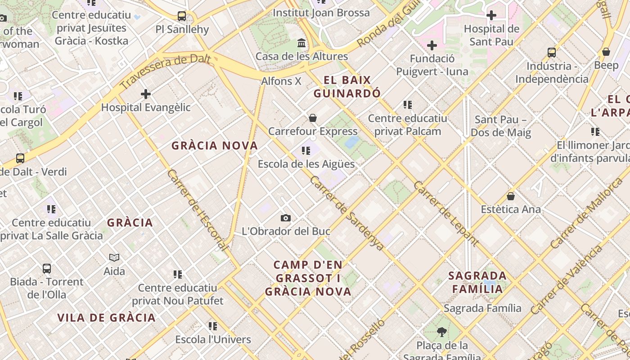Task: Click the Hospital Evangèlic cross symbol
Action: click(145, 94)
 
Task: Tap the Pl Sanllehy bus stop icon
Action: click(182, 16)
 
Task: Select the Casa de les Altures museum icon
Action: click(301, 43)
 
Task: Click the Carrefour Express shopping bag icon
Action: click(313, 118)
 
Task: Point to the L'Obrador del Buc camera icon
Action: click(285, 218)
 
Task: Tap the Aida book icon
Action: click(114, 258)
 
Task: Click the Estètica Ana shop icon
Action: click(511, 196)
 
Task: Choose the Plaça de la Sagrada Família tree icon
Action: click(441, 332)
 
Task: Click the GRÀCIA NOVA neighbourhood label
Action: click(215, 146)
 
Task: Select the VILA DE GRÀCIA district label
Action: click(106, 318)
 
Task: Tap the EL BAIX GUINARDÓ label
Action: click(347, 87)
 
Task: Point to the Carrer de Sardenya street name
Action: click(346, 213)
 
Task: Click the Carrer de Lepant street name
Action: click(446, 214)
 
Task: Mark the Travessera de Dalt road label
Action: click(166, 71)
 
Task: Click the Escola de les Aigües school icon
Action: click(306, 151)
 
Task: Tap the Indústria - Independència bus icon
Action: click(552, 53)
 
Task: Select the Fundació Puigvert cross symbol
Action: click(432, 45)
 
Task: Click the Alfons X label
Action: click(281, 81)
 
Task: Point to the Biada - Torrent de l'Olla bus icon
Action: click(47, 269)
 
